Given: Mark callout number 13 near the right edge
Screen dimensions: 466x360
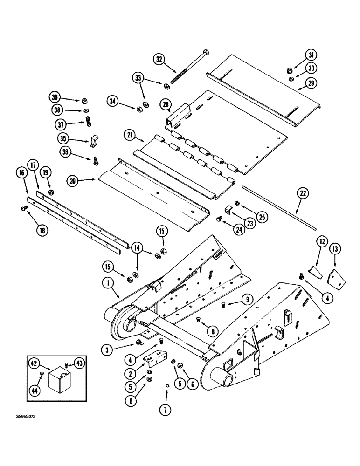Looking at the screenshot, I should [335, 249].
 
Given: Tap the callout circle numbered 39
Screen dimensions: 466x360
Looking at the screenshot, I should [55, 97].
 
